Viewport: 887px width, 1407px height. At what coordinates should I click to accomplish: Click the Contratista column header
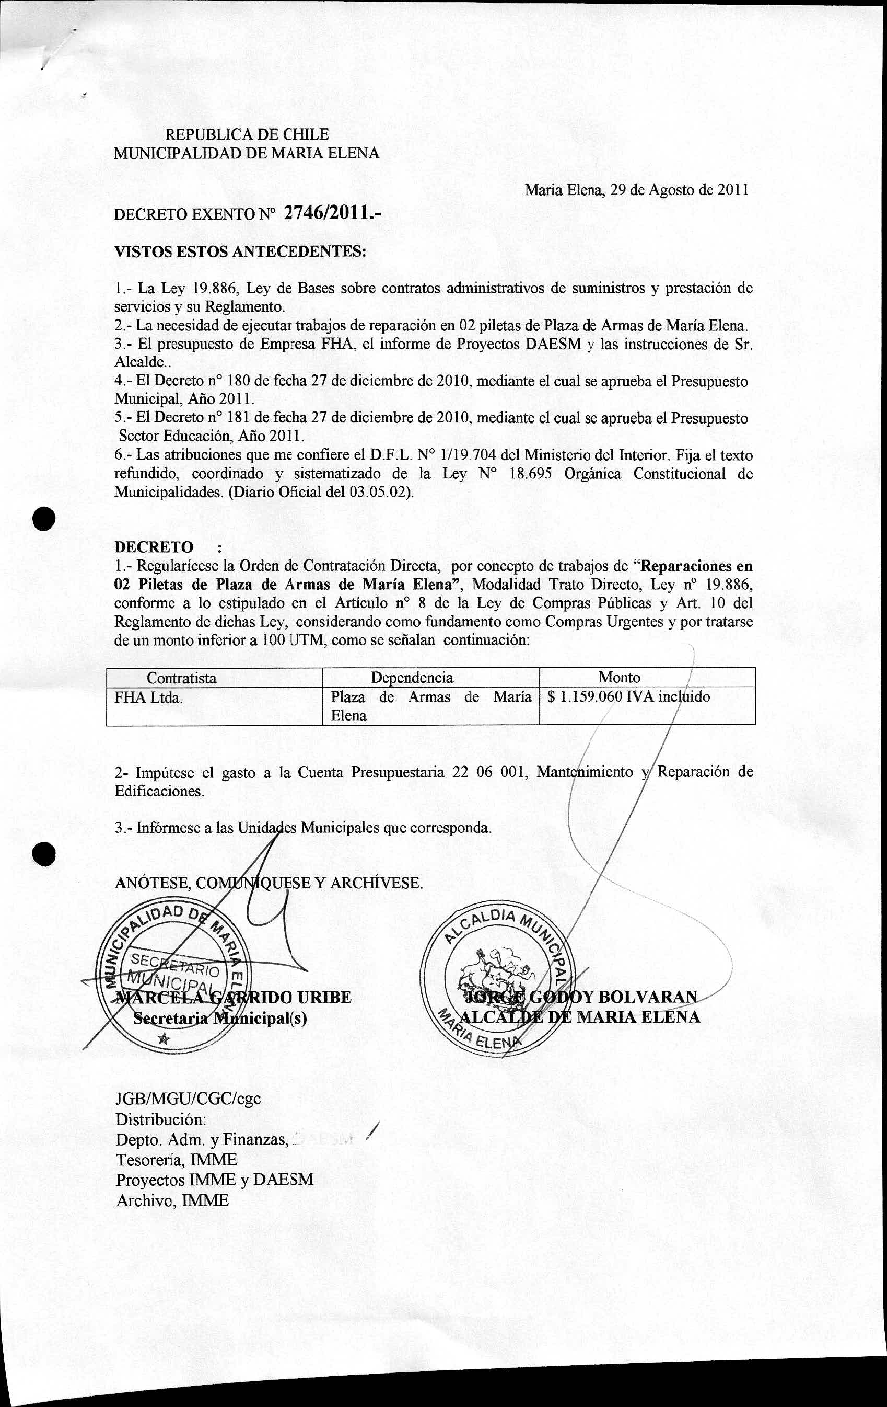pos(182,678)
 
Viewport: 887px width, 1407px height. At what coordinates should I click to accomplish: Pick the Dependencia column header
pos(412,677)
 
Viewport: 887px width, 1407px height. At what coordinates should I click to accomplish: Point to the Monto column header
pos(620,677)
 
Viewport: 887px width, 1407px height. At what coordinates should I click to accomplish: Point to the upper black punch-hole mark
pos(44,517)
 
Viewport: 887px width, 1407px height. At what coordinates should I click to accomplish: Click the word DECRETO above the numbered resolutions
pos(154,547)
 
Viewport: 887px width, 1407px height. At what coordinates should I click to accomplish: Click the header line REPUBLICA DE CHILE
pos(247,134)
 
